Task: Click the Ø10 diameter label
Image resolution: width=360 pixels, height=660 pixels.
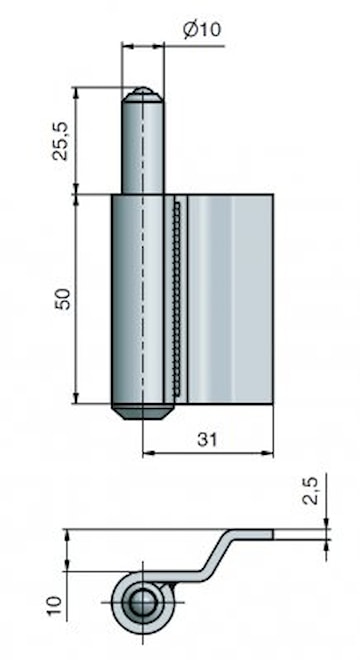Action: coord(202,30)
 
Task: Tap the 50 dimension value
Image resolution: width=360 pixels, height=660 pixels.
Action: coord(62,298)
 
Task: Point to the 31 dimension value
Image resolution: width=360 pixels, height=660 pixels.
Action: coord(207,439)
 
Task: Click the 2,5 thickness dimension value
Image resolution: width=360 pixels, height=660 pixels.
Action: coord(312,490)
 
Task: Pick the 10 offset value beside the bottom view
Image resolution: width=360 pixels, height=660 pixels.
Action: coord(55,604)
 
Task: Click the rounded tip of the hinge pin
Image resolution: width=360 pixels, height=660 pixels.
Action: coord(142,94)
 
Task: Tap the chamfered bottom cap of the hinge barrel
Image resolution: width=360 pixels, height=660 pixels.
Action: coord(142,412)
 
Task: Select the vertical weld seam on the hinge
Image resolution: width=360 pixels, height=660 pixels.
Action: coord(177,299)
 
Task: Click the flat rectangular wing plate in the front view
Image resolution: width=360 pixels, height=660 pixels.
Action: coord(230,299)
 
